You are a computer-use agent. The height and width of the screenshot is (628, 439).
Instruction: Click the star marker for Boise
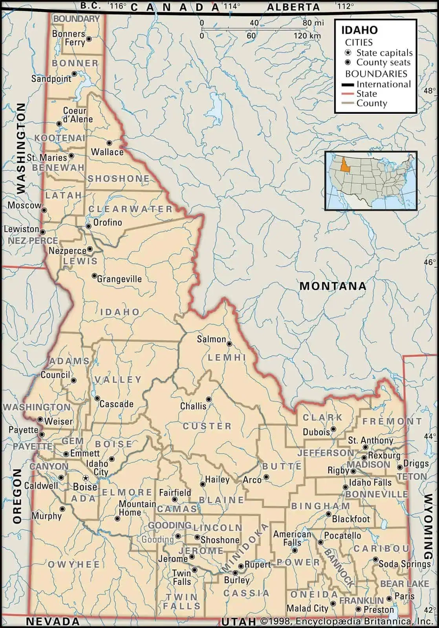coord(85,478)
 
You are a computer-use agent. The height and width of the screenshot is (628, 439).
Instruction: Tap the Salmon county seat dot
coord(230,344)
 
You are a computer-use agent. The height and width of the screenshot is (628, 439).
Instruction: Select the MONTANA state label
coord(333,286)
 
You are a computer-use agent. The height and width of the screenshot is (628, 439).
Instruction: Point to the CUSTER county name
coord(207,426)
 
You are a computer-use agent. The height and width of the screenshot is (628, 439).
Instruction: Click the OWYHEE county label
coord(74,564)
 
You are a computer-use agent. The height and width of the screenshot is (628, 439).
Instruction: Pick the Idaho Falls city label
coord(370,482)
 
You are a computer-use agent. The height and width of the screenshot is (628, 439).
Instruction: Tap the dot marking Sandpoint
coord(75,73)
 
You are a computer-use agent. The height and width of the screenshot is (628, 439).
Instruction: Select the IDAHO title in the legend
coord(359,30)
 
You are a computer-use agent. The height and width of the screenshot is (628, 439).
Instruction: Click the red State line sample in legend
coord(347,94)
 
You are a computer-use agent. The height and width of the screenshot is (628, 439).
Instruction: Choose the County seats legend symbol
coord(348,62)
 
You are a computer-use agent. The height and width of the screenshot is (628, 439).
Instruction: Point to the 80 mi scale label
coord(313,23)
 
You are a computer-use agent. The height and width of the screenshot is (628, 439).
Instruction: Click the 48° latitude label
coord(430,91)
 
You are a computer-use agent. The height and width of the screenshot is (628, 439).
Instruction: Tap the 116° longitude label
coord(118,6)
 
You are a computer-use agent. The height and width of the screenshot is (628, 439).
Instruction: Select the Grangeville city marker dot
coord(94,276)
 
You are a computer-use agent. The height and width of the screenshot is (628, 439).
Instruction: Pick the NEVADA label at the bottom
coord(53,621)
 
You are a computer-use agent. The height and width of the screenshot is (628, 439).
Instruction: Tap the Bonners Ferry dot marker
coord(89,39)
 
